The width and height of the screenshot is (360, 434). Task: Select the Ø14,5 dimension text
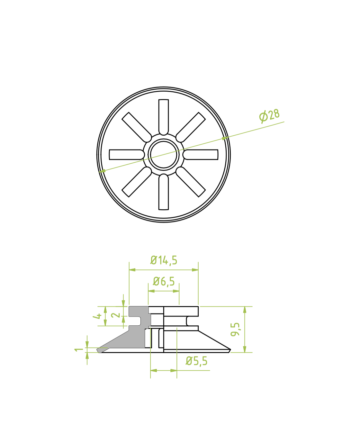click(164, 260)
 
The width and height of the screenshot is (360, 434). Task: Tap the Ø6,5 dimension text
click(164, 282)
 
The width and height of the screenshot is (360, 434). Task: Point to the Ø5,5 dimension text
click(196, 361)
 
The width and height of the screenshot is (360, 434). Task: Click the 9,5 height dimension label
click(235, 330)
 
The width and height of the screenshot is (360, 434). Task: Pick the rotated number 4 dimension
click(97, 316)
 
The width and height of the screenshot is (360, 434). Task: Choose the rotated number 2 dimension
click(116, 315)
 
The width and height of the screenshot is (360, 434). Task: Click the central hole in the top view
click(164, 155)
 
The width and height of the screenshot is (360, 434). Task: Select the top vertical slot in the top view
click(164, 117)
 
